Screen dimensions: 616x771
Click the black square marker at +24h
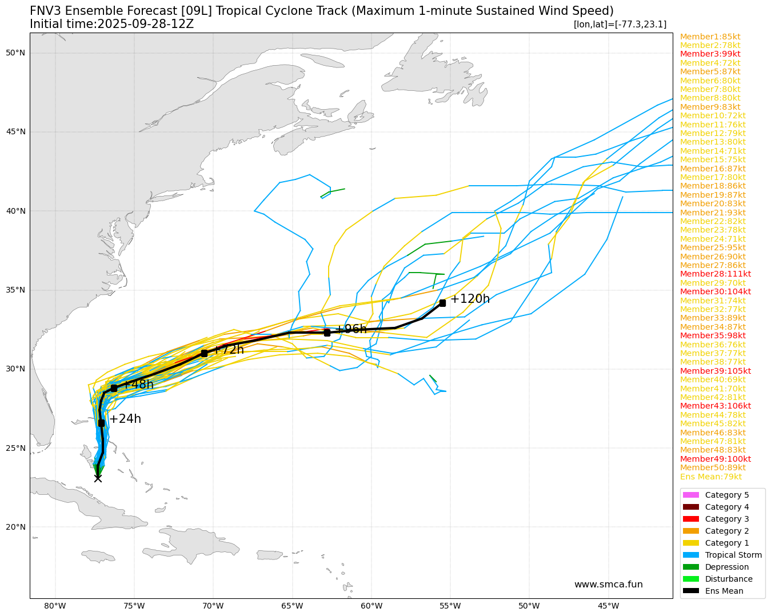click(101, 423)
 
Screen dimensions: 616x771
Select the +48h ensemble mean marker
click(114, 388)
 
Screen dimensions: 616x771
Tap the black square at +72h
click(204, 353)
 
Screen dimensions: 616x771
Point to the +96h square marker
click(327, 333)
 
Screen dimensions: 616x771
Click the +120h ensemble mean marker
click(442, 303)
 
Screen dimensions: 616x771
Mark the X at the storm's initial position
click(98, 478)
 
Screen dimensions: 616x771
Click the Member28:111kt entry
click(716, 274)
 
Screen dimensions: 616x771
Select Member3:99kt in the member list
click(710, 54)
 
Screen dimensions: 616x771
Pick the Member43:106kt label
click(716, 406)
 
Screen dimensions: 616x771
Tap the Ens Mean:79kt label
click(711, 477)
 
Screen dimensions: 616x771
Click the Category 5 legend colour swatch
click(690, 495)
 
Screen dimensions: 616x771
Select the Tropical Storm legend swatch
click(690, 555)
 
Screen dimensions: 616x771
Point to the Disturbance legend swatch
click(690, 579)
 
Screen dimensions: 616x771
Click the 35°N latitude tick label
click(15, 290)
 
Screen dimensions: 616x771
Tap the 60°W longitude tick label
click(371, 606)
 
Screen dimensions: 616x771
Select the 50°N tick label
click(15, 53)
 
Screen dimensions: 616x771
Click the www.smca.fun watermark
click(608, 585)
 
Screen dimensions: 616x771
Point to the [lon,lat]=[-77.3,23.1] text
click(620, 25)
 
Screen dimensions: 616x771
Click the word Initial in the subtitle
click(48, 24)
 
